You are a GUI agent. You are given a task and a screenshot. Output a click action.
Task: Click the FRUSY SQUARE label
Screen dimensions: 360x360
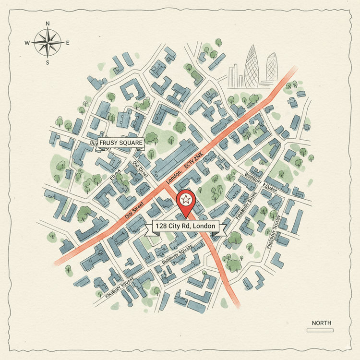coord(121,143)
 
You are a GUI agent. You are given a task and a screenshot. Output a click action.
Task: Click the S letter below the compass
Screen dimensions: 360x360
coord(48,62)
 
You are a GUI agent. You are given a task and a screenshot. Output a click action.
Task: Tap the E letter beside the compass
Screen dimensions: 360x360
coord(68,43)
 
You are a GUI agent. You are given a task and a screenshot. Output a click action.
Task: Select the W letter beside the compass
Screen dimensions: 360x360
coord(27,43)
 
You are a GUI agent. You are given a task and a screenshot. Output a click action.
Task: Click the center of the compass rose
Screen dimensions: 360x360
coord(48,43)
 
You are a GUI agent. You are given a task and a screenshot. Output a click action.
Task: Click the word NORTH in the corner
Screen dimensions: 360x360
coord(321,323)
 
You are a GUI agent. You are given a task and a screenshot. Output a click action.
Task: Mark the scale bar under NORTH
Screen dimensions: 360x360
coord(320,330)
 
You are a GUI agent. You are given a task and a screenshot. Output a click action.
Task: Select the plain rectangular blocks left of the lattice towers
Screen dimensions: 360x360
coord(236,77)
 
